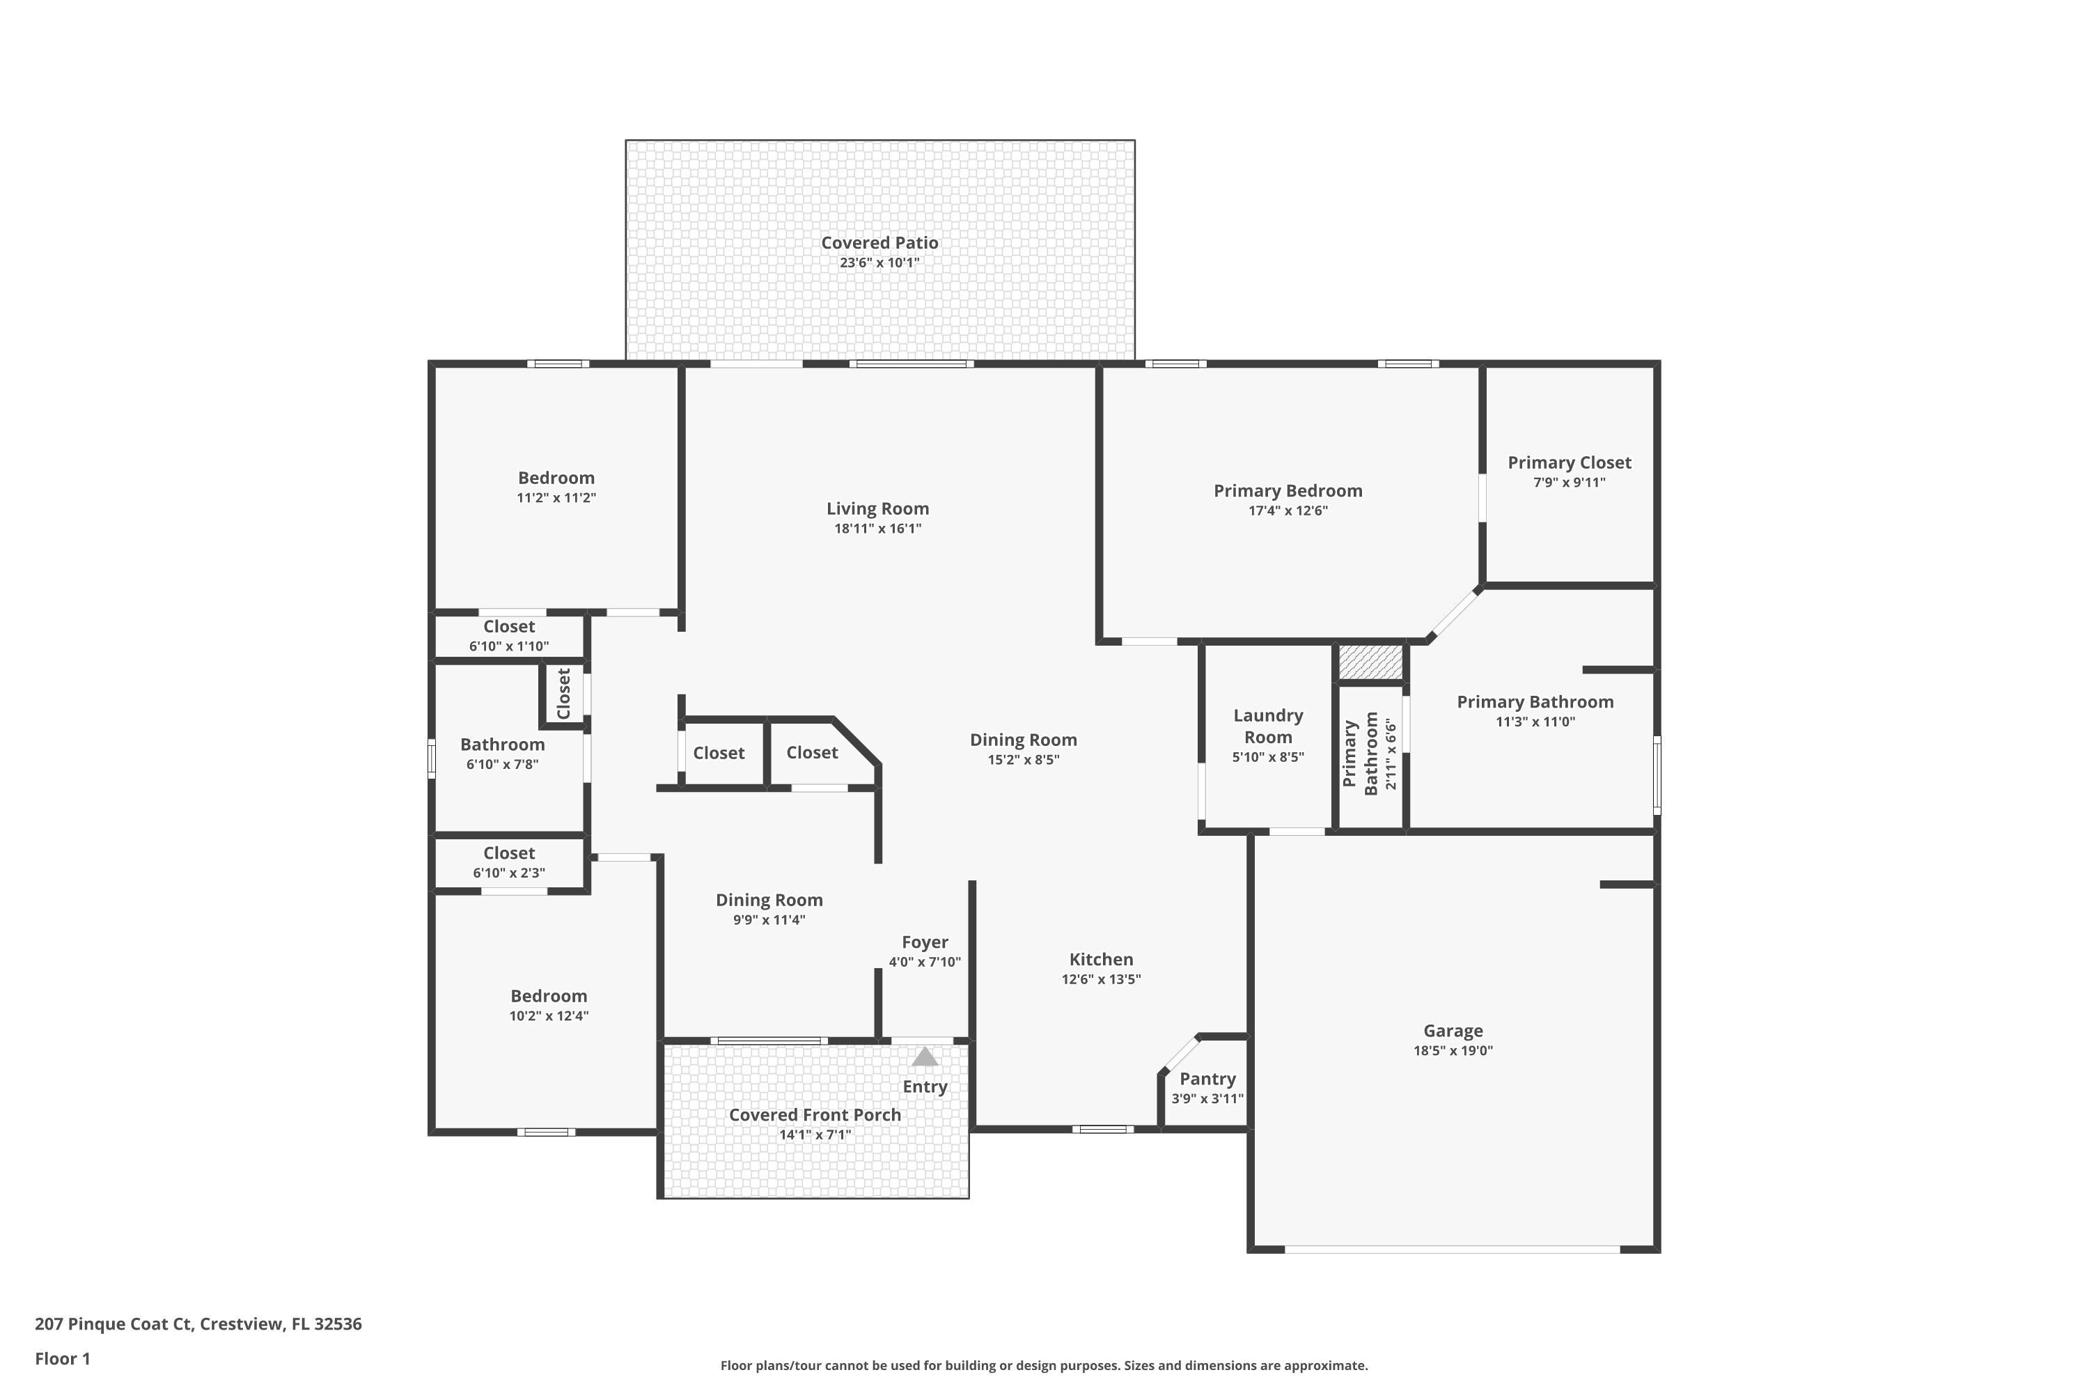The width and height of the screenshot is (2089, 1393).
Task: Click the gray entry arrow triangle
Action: click(x=925, y=1057)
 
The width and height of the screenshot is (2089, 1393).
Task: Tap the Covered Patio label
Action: click(x=879, y=242)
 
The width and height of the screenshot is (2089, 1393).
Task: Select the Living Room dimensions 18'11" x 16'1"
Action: click(x=877, y=529)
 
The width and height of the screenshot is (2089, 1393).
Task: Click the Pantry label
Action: click(x=1207, y=1078)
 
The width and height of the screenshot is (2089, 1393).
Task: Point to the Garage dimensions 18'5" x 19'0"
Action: click(x=1453, y=1051)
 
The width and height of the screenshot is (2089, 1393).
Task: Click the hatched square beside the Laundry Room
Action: click(x=1370, y=662)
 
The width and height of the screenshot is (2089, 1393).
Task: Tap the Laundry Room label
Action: click(x=1267, y=726)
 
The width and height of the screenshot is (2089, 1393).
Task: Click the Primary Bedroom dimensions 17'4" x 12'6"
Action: click(x=1288, y=511)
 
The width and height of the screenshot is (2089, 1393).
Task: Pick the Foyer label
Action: click(x=925, y=942)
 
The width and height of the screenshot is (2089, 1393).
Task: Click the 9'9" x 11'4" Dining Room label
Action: click(x=769, y=900)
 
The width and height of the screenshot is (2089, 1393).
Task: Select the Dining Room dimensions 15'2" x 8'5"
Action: click(x=1023, y=760)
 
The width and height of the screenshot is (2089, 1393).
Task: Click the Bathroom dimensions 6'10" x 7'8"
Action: click(x=502, y=764)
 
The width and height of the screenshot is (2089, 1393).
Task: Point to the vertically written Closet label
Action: click(x=563, y=694)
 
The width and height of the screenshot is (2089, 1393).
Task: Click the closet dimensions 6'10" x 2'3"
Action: click(x=509, y=873)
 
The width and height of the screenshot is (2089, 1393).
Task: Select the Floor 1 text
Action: click(x=62, y=1358)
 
